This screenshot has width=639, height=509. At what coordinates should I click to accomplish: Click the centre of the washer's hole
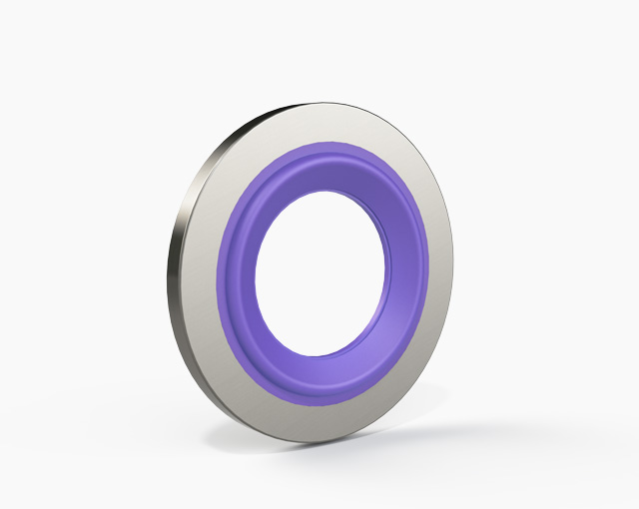pos(322,269)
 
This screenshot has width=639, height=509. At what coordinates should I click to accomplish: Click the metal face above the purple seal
pos(329,124)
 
